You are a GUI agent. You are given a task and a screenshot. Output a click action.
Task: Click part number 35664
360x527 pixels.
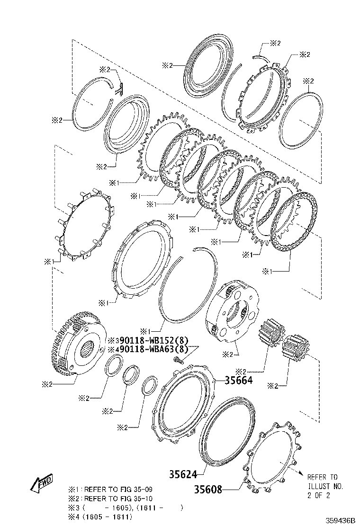238,380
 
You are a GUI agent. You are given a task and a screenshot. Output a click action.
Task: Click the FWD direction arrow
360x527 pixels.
41,482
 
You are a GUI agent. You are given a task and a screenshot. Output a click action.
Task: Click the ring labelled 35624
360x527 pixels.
227,431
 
